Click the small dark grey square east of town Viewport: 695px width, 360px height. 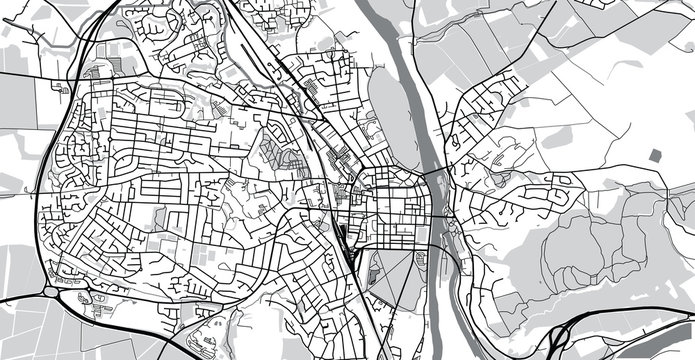coord(656,155)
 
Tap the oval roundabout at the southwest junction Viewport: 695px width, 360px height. coord(51,291)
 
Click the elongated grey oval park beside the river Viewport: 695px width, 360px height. coord(387,110)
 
